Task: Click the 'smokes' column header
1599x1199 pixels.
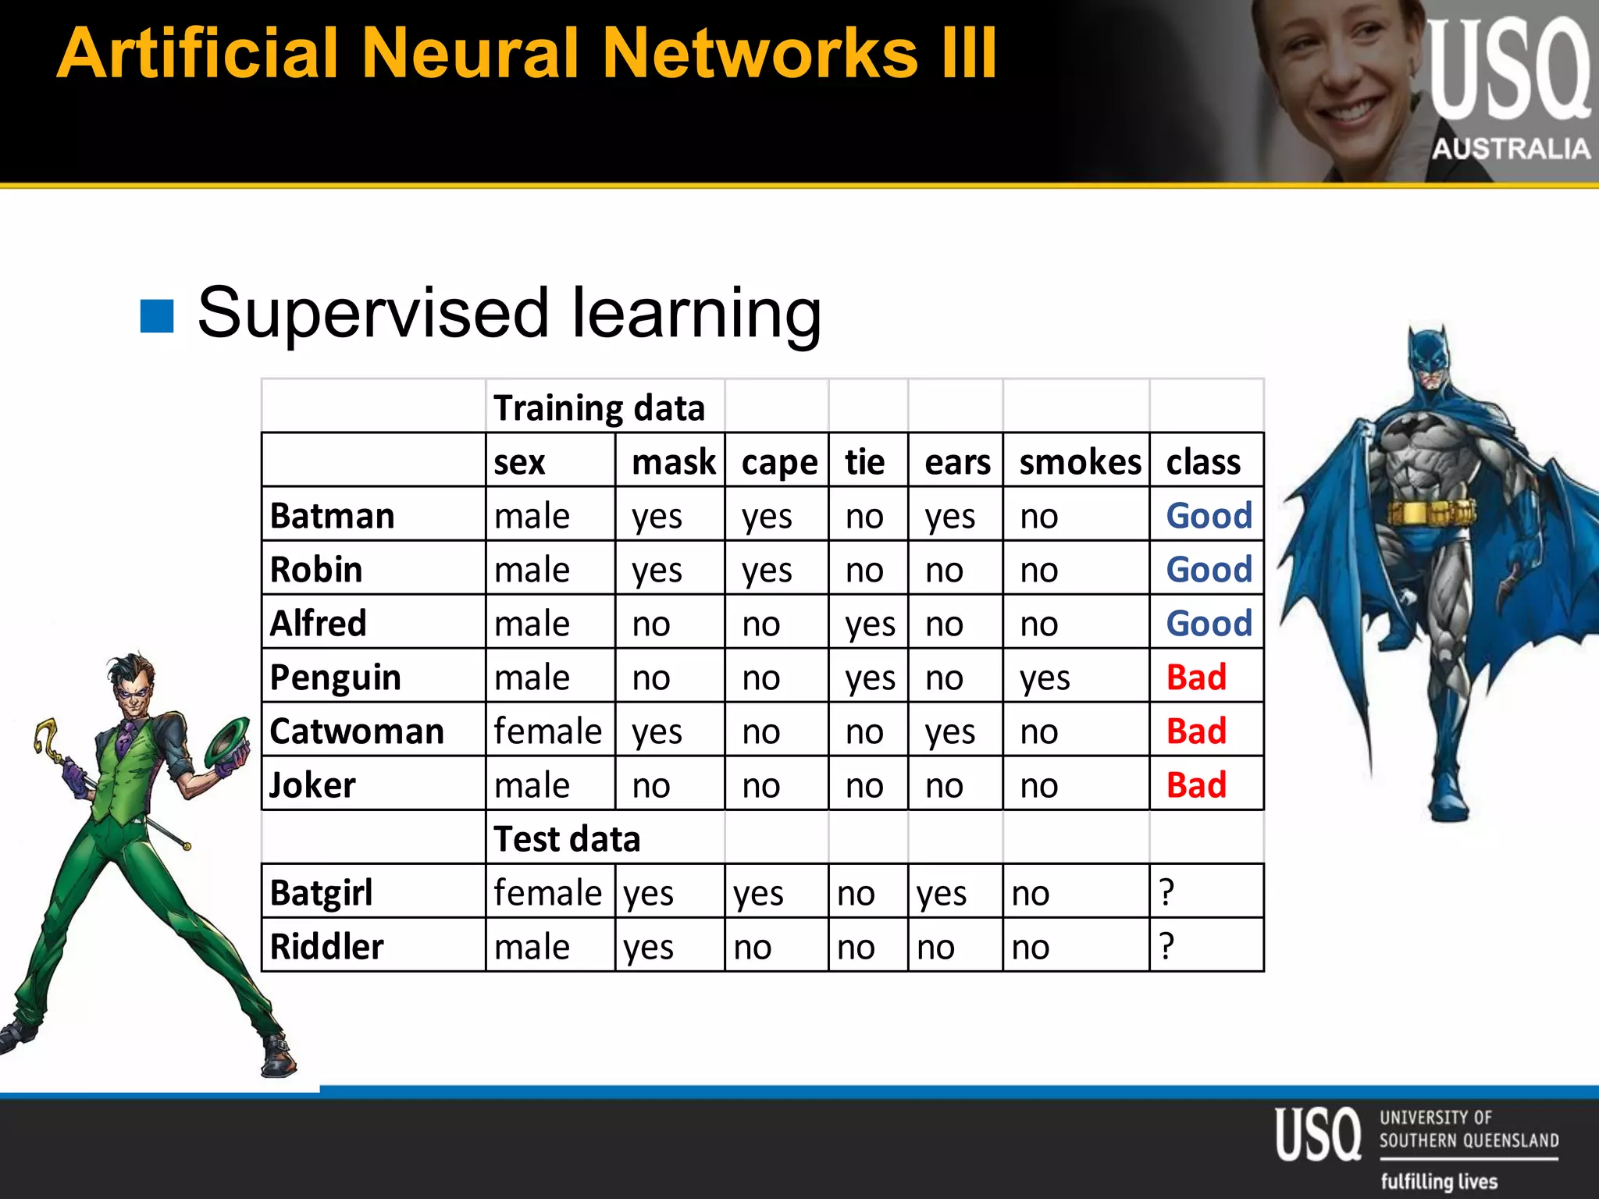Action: click(x=1080, y=462)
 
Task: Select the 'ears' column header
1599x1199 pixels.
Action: click(x=957, y=462)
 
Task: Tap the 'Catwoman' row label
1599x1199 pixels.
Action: click(x=357, y=731)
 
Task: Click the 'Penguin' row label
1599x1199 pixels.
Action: click(x=335, y=678)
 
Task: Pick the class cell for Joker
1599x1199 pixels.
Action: click(x=1196, y=785)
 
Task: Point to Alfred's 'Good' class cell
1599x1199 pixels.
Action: click(x=1209, y=624)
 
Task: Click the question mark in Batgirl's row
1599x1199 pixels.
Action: click(x=1167, y=892)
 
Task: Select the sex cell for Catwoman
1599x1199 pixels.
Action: click(x=548, y=731)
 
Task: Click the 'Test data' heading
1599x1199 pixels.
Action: click(x=568, y=839)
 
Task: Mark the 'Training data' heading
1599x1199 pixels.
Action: click(x=599, y=408)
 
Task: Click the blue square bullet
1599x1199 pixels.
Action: click(x=157, y=316)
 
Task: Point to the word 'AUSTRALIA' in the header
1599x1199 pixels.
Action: click(x=1511, y=148)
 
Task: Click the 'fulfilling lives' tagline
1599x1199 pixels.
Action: click(x=1439, y=1181)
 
